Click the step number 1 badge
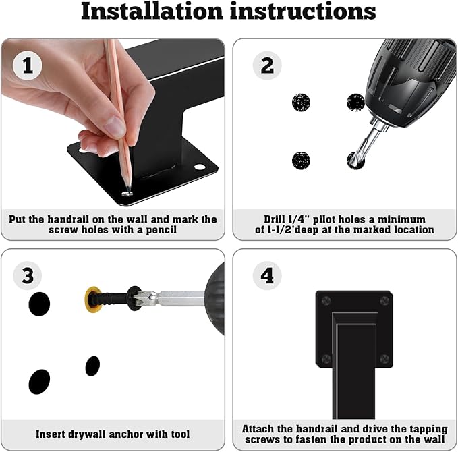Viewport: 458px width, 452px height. (28, 65)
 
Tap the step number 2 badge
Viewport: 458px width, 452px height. (267, 65)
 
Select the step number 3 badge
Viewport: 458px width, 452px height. (28, 275)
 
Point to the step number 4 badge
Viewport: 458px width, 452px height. (267, 275)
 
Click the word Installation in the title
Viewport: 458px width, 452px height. (152, 11)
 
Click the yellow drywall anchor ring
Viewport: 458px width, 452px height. (93, 300)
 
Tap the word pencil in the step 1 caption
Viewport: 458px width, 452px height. (161, 230)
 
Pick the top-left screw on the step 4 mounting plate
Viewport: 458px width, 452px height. (326, 300)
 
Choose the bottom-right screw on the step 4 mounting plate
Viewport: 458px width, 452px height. (384, 358)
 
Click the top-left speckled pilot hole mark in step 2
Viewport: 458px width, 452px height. (301, 103)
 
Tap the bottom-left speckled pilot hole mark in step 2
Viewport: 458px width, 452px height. (301, 161)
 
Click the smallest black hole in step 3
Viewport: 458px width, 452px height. (92, 366)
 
